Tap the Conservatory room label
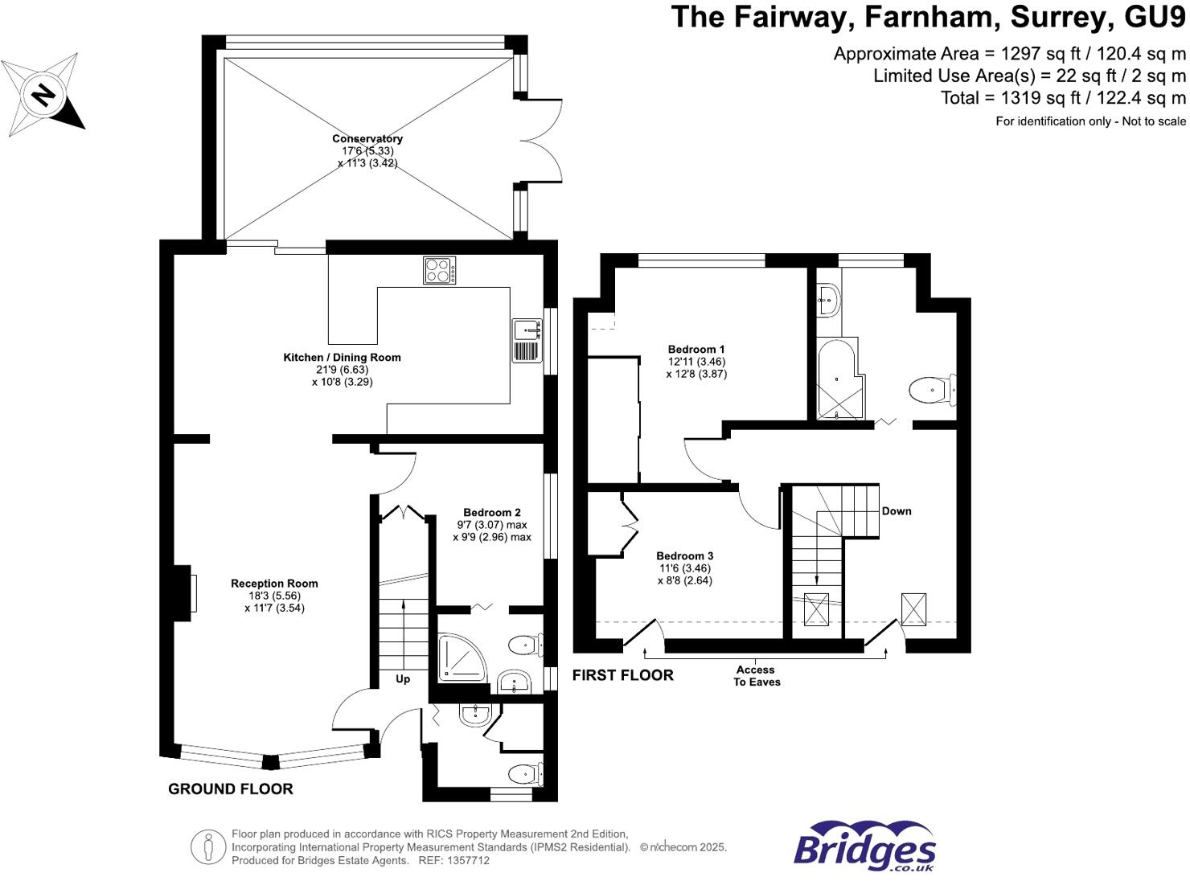pos(367,139)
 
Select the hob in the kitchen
pos(440,270)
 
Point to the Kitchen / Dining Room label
pos(342,358)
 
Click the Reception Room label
pos(274,584)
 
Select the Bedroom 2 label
pos(492,513)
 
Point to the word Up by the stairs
pos(403,679)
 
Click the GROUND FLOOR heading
pos(231,789)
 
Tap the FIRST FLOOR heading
pos(623,675)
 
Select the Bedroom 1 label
pos(696,350)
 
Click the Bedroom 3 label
pos(685,556)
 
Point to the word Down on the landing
pos(897,511)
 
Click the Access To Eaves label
pos(757,676)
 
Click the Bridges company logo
pos(864,846)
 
